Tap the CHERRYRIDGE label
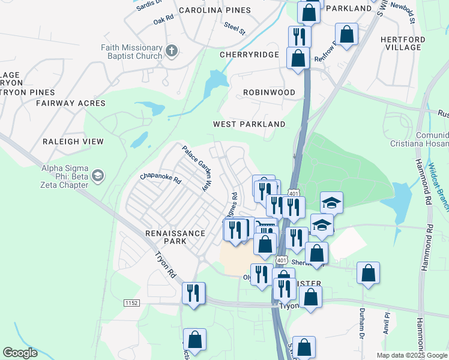coord(249,55)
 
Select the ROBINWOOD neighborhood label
coord(269,92)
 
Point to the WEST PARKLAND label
coord(249,124)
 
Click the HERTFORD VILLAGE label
coord(403,43)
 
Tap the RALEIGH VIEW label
coord(73,142)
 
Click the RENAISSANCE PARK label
coord(166,236)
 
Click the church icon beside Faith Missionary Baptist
coord(171,50)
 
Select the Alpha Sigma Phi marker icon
coord(97,176)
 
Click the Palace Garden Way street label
coord(197,169)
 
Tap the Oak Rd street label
coord(163,19)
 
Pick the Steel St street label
coord(234,27)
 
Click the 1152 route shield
coord(131,304)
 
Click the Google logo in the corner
coord(20,353)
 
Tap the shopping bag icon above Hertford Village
coord(347,34)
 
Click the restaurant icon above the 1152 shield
coord(193,293)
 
